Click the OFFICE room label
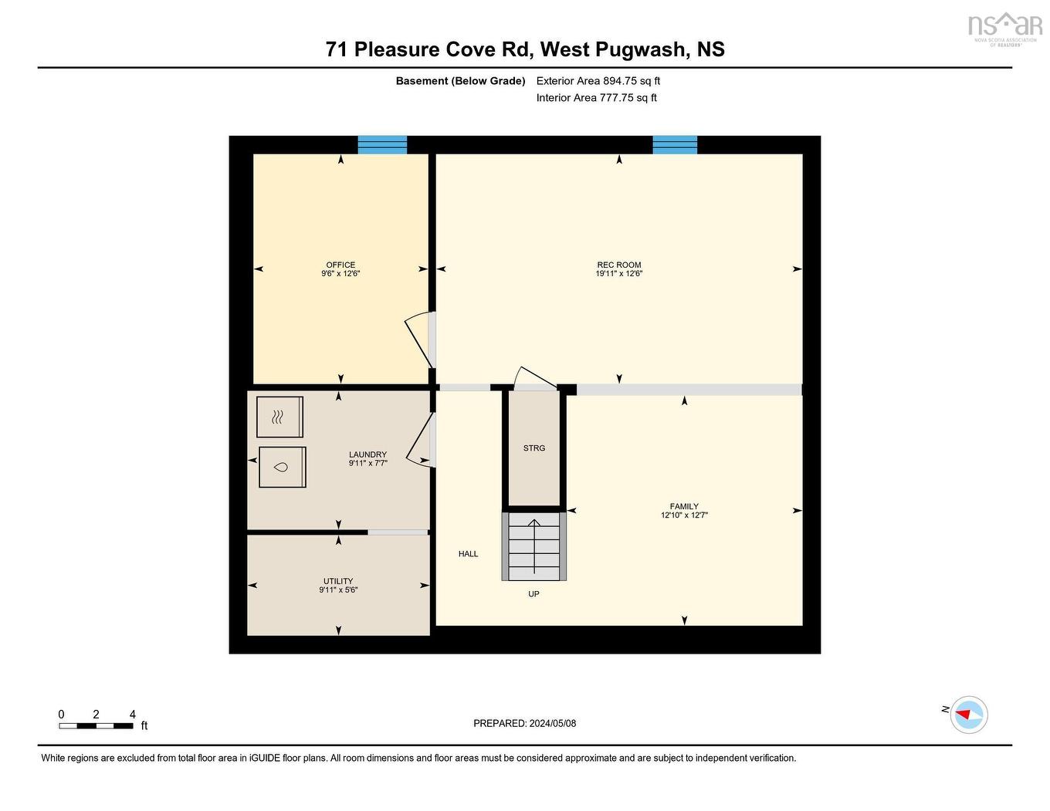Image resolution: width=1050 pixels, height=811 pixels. pos(340,265)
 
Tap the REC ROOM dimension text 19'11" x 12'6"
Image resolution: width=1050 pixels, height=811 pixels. pos(618,274)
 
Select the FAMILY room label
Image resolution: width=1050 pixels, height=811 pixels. pos(684,506)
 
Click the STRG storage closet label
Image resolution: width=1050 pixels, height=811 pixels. pos(534,448)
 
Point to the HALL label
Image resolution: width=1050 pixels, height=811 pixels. pos(468,554)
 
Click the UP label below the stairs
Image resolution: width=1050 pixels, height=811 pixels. pos(533,594)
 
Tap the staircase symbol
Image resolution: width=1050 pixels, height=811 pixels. pos(534,546)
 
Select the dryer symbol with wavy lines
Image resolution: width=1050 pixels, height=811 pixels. pos(279,417)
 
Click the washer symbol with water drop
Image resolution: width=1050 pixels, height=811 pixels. pos(282,467)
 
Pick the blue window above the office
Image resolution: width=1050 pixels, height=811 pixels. pos(382,145)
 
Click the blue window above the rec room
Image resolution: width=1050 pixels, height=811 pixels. pos(675,145)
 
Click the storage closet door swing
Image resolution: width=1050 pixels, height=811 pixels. pos(534,378)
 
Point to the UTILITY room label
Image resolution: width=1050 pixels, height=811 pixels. pos(338,581)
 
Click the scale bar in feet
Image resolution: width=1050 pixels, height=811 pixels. pos(97,725)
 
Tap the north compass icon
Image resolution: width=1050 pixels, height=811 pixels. pos(968,715)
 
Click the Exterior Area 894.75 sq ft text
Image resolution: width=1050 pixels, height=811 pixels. pos(598,81)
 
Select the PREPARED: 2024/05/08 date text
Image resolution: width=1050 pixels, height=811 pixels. pos(525,724)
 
